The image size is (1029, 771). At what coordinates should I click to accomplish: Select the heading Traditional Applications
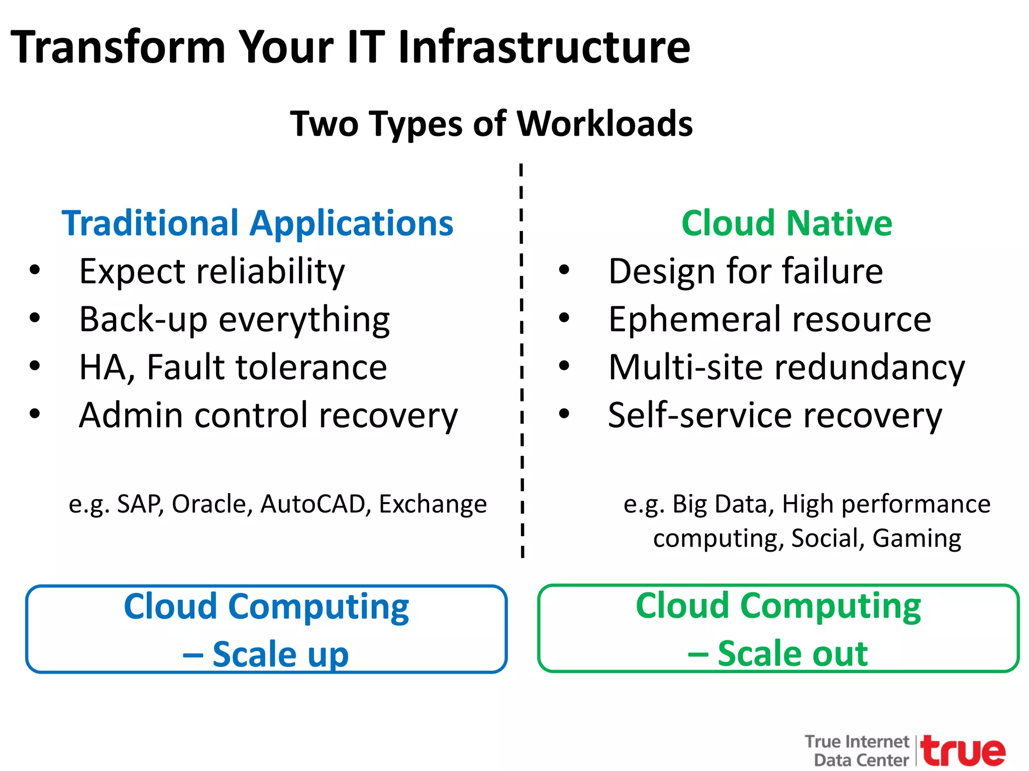pyautogui.click(x=257, y=223)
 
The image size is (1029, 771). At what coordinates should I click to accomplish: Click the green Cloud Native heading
pyautogui.click(x=786, y=223)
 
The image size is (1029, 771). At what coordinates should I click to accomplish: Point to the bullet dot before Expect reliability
pyautogui.click(x=35, y=270)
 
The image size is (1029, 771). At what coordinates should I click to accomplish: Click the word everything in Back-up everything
pyautogui.click(x=304, y=320)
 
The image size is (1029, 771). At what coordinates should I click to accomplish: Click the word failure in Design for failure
pyautogui.click(x=830, y=271)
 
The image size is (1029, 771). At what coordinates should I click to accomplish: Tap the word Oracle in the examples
pyautogui.click(x=212, y=504)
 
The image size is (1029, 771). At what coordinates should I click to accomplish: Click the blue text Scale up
pyautogui.click(x=280, y=654)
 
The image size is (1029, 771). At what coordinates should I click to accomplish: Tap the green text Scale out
pyautogui.click(x=792, y=654)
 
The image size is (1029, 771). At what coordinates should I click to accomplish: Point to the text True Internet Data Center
pyautogui.click(x=857, y=750)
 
